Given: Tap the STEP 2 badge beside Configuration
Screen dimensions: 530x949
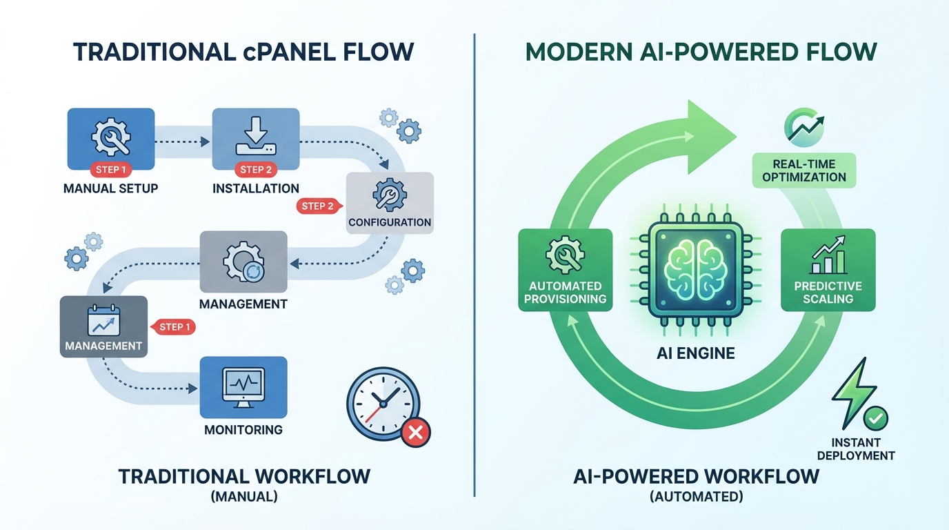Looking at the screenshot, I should (x=318, y=206).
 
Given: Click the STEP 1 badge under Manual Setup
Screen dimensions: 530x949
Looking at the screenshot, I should (x=110, y=170).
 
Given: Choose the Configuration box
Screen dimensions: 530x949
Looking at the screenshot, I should (x=390, y=202).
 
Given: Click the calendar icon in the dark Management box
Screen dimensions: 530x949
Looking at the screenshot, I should (x=103, y=320).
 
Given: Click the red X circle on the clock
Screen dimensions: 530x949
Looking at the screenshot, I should (x=415, y=433).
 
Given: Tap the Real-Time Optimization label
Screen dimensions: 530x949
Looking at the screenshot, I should (x=804, y=170).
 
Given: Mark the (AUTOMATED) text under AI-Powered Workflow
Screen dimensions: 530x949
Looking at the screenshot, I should (x=696, y=495).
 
